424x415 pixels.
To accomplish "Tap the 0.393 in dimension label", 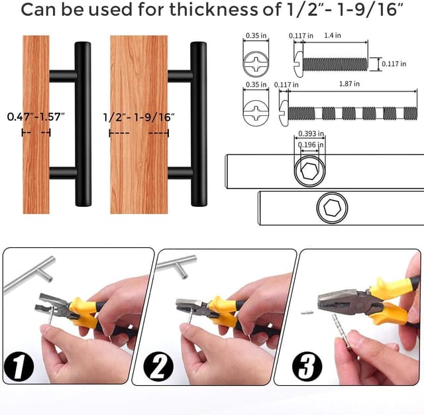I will pyautogui.click(x=311, y=134).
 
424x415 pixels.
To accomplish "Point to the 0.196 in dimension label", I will pyautogui.click(x=311, y=145).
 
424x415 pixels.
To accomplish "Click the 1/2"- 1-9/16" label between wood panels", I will pyautogui.click(x=139, y=117).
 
